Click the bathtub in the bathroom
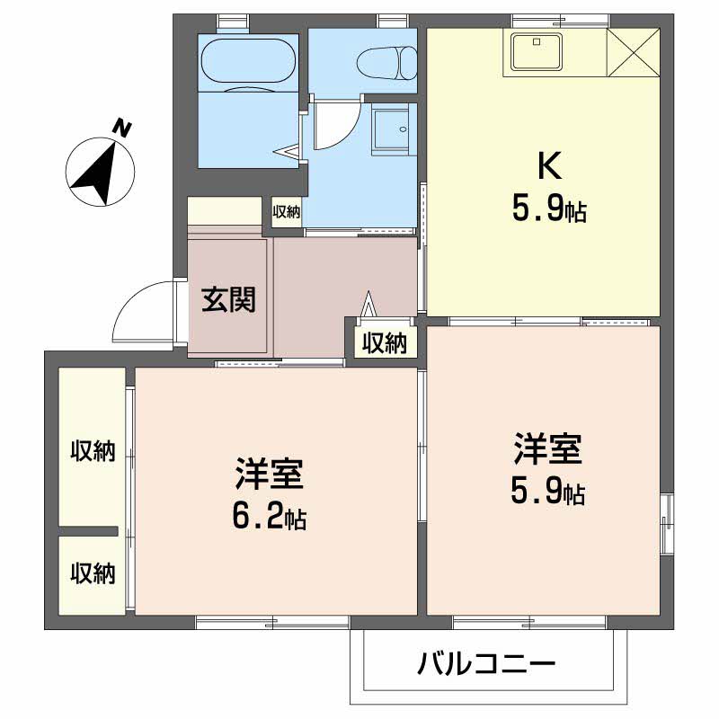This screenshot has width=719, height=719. point(249,62)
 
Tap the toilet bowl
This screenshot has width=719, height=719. point(386,62)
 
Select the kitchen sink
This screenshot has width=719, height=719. point(536,51)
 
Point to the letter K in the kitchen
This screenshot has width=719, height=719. point(549,165)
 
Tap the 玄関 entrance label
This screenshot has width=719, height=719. point(228,298)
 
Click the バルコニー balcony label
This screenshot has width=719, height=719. point(486,665)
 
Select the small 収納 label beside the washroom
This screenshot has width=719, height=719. point(287,212)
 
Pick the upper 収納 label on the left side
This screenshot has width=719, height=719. point(93,451)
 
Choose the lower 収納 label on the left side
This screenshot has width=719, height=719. point(93,573)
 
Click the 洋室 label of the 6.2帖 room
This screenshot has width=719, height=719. point(269,473)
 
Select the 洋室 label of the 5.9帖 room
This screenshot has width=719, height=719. point(548,447)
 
